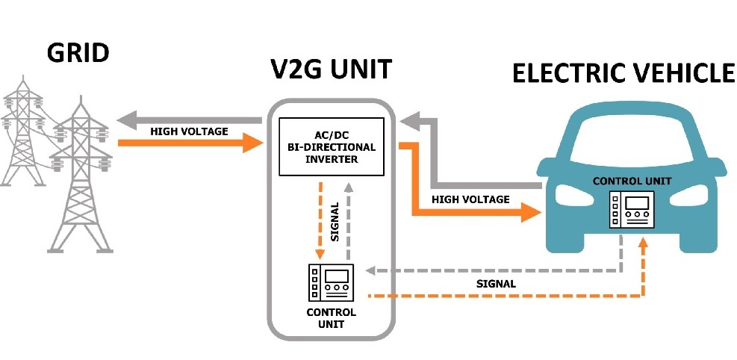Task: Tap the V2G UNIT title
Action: tap(330, 69)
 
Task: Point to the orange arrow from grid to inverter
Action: tap(187, 143)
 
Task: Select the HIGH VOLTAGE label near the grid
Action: tap(189, 131)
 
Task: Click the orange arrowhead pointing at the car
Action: tap(531, 213)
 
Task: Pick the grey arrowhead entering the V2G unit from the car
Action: tap(408, 120)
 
